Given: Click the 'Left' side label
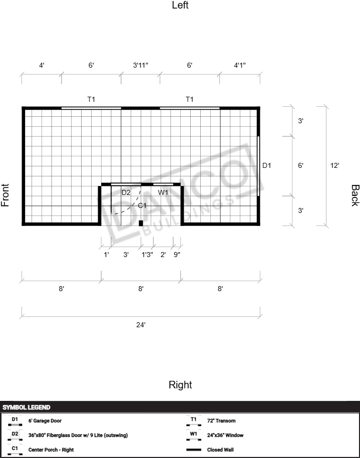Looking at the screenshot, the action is pyautogui.click(x=180, y=5).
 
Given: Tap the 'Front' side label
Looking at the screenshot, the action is pyautogui.click(x=5, y=195).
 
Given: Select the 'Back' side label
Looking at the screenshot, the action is pyautogui.click(x=355, y=195).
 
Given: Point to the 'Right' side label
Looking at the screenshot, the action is pyautogui.click(x=180, y=385).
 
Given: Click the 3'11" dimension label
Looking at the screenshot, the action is pyautogui.click(x=140, y=65).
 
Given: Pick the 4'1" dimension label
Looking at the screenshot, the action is pyautogui.click(x=240, y=65).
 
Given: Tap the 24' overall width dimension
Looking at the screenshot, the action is pyautogui.click(x=141, y=325).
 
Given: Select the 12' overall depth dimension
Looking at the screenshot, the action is pyautogui.click(x=334, y=166).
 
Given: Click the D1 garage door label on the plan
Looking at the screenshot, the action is pyautogui.click(x=266, y=166).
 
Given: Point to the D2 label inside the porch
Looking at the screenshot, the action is pyautogui.click(x=126, y=192).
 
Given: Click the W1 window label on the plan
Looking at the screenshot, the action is pyautogui.click(x=163, y=192).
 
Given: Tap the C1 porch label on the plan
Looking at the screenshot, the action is pyautogui.click(x=142, y=205).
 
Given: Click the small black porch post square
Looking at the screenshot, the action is pyautogui.click(x=141, y=223).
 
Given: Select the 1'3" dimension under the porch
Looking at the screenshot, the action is pyautogui.click(x=147, y=255).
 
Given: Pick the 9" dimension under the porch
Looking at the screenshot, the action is pyautogui.click(x=177, y=255).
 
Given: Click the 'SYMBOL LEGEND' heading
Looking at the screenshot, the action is pyautogui.click(x=26, y=407).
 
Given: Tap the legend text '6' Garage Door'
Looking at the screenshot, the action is pyautogui.click(x=45, y=421).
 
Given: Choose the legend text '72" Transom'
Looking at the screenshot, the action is pyautogui.click(x=221, y=421).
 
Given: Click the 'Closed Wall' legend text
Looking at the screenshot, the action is pyautogui.click(x=220, y=450).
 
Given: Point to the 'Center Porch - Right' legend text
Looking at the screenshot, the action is pyautogui.click(x=51, y=450).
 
